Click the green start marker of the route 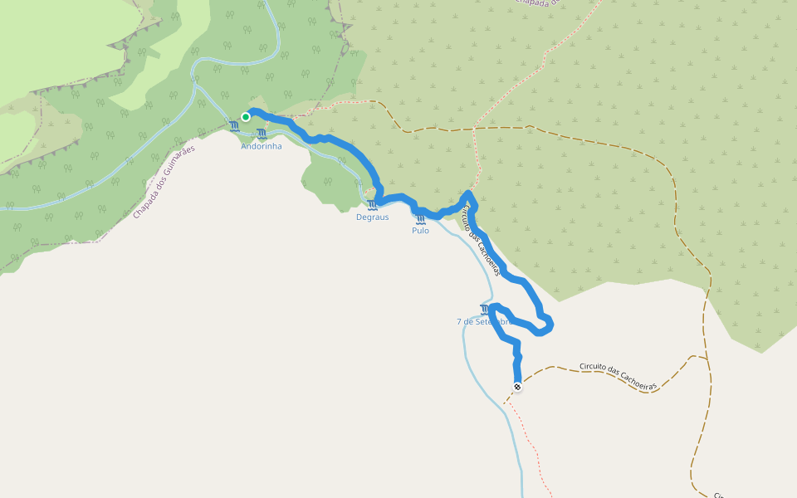tap(246, 117)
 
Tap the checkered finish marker tap(517, 387)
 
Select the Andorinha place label tap(262, 146)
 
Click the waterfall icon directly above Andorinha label tap(262, 134)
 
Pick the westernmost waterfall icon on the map tap(235, 126)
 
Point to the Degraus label tap(372, 217)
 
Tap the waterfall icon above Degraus tap(373, 205)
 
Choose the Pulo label tap(420, 231)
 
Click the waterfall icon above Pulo tap(420, 219)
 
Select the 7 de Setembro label tap(482, 321)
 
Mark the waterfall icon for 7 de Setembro tap(485, 309)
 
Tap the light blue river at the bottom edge tap(521, 490)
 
